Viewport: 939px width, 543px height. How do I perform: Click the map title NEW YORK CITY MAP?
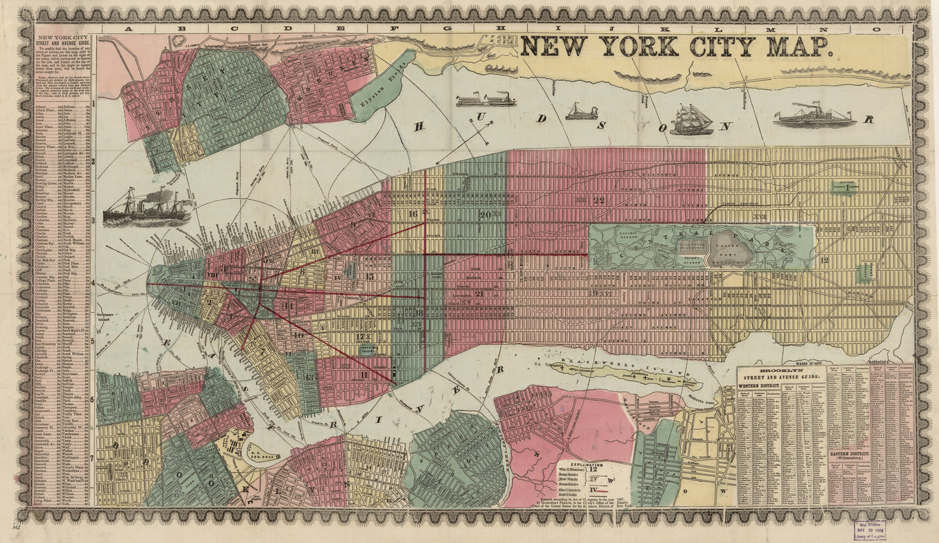(x=676, y=47)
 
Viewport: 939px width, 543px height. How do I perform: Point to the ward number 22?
(x=598, y=200)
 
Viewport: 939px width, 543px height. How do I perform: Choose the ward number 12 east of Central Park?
(x=824, y=260)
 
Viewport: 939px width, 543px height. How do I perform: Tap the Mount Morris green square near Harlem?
(x=865, y=272)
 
